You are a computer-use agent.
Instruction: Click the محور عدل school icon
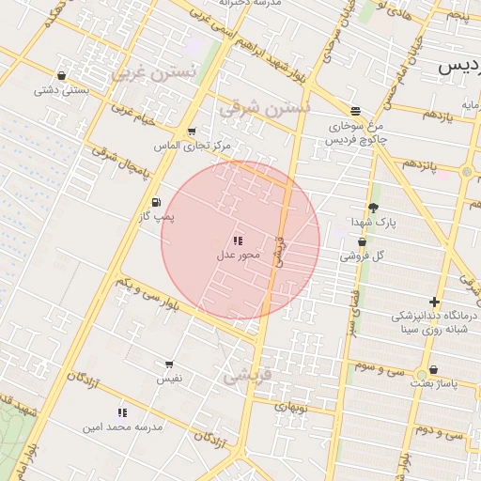(x=237, y=240)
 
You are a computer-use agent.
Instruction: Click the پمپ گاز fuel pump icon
(x=155, y=202)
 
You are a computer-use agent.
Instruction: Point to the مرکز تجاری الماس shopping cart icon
(x=192, y=132)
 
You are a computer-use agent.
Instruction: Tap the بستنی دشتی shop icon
(x=62, y=76)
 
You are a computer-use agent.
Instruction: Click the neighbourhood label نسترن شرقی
(x=263, y=109)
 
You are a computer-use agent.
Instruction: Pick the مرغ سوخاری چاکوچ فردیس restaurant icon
(x=355, y=109)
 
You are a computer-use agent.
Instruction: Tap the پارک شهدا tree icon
(x=374, y=208)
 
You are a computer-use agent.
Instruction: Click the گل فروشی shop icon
(x=362, y=241)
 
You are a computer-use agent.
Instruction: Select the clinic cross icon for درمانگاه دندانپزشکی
(x=434, y=302)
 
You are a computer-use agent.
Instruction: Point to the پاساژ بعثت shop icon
(x=433, y=370)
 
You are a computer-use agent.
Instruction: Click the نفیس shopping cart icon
(x=169, y=364)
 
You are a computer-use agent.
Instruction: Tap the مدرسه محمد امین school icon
(x=122, y=412)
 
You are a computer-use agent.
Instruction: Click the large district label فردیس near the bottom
(x=248, y=377)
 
